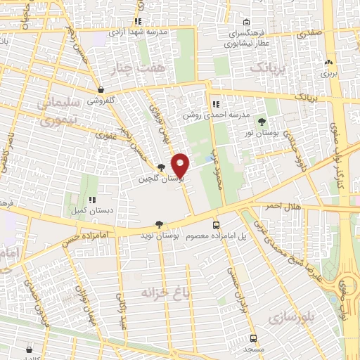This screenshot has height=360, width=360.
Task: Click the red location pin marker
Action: coord(181,165)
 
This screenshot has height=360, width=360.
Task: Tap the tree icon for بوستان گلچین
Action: coord(162,167)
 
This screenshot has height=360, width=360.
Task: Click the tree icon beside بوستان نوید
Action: coord(160,224)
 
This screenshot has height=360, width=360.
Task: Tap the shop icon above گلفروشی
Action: coord(103,89)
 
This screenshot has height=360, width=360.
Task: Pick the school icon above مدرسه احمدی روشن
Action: coord(215,103)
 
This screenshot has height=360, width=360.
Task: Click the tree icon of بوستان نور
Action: coord(262,122)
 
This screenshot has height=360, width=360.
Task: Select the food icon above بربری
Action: coord(329,61)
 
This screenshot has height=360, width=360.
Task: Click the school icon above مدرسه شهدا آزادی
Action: coord(138,22)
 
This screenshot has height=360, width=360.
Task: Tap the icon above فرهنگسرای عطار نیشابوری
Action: coord(245,22)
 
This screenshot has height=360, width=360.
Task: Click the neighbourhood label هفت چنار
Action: coord(127,68)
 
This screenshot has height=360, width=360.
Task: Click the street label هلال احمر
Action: coord(283,206)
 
